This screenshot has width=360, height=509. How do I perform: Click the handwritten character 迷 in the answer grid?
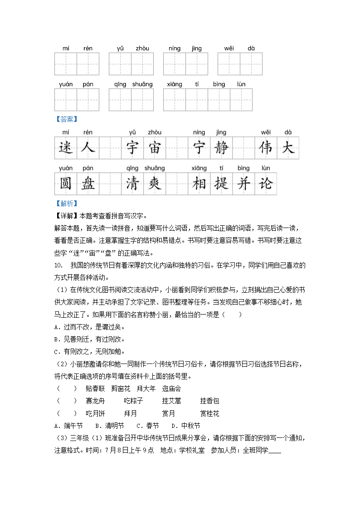66,148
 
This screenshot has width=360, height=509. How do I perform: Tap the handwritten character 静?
221,148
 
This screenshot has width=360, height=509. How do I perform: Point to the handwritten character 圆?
66,184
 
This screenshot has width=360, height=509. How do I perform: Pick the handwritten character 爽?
155,184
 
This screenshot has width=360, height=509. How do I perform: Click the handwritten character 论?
265,184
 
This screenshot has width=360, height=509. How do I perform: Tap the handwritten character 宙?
155,148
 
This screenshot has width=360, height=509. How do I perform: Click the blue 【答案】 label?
66,119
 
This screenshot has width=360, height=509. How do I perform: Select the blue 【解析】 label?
66,204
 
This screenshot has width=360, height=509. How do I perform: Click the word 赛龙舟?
95,401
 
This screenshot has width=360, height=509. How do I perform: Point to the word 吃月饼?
95,413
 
